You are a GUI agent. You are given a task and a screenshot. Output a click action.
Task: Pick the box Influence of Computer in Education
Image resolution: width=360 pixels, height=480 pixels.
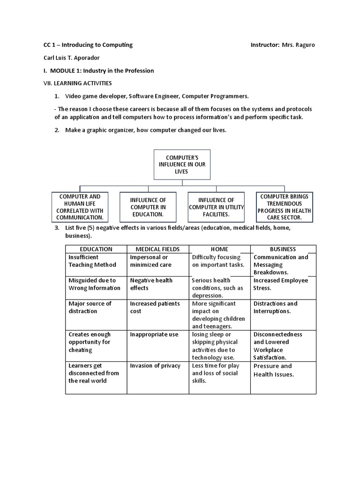148,207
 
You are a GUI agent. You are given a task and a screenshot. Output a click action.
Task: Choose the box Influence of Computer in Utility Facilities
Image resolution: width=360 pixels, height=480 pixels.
216,207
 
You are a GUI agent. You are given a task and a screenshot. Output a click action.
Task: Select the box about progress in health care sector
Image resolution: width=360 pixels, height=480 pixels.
285,207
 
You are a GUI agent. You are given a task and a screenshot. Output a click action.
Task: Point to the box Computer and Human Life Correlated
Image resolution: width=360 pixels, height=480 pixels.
80,207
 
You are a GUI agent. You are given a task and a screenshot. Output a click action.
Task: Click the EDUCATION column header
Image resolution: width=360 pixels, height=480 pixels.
96,249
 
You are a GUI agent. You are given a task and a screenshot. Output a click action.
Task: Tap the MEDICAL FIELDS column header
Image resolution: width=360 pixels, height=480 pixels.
157,249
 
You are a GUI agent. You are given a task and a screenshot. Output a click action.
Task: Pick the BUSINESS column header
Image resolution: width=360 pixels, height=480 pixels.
283,249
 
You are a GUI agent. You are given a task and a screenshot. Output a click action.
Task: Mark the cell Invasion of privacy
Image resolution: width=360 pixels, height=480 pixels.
155,366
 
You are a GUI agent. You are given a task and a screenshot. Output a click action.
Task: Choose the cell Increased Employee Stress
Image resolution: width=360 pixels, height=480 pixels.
281,284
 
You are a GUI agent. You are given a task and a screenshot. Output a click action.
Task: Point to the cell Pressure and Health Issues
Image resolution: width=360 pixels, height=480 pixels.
274,370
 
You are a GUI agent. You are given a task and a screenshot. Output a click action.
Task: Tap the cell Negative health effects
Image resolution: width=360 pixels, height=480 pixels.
151,284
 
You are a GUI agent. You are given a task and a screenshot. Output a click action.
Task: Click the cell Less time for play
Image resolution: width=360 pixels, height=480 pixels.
216,373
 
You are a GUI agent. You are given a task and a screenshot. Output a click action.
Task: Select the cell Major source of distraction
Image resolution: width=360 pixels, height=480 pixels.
90,307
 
